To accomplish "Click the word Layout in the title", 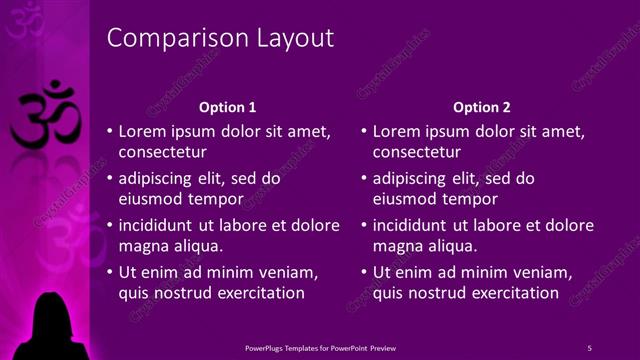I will [289, 39].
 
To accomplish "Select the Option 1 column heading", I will [228, 107].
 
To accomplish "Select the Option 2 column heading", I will [481, 107].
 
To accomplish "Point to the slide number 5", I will [589, 347].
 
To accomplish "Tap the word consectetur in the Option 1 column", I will [163, 153].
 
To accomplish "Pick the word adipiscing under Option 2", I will [410, 179].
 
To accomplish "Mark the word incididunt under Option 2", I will [413, 225].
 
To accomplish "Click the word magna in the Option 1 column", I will [142, 245].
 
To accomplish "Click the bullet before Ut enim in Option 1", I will [109, 272].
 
